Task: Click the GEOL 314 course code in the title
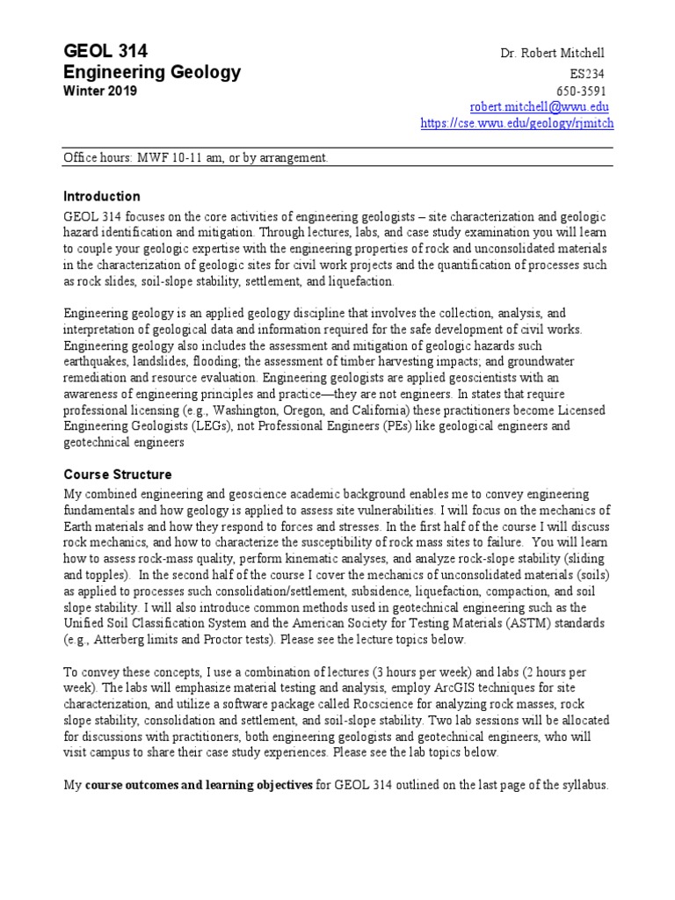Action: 105,52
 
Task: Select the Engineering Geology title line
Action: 152,73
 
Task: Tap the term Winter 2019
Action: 100,91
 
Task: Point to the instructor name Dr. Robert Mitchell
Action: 553,54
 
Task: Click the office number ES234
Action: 588,74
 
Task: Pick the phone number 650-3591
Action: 581,91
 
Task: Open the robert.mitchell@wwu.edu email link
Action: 539,106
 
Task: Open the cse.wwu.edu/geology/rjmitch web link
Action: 517,124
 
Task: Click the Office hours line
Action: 196,158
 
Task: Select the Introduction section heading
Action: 102,196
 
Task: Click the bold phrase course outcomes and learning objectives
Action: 199,785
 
